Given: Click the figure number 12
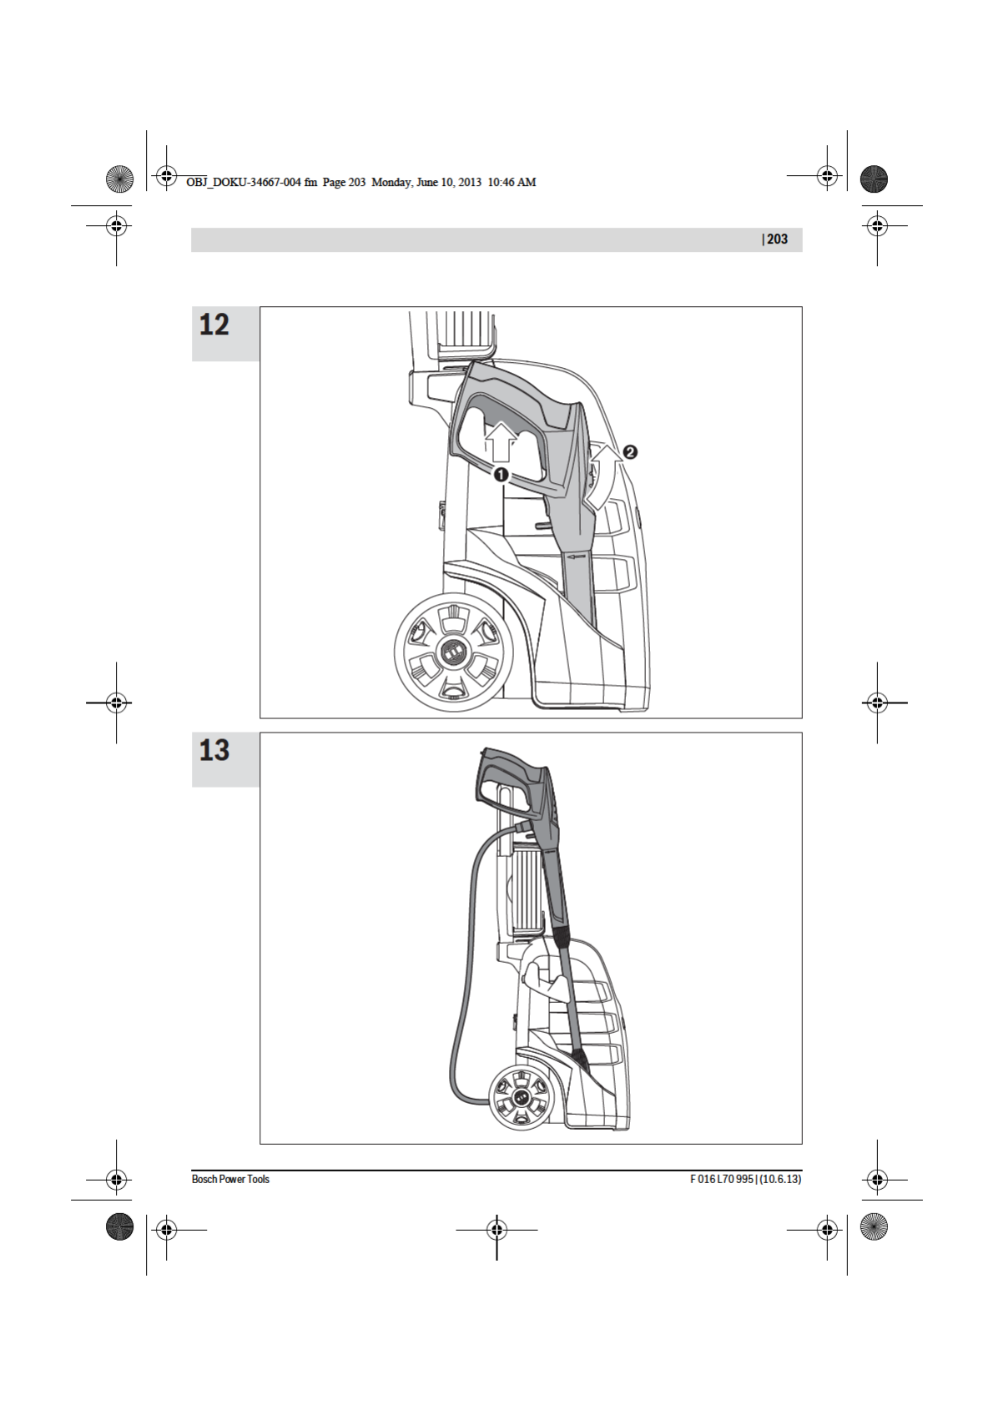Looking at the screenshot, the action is click(214, 325).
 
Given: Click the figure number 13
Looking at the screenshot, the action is click(214, 751).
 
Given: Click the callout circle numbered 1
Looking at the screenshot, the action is click(501, 475).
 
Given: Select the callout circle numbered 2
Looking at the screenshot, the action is click(630, 451).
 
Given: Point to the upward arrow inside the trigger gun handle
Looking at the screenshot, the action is click(500, 443).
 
